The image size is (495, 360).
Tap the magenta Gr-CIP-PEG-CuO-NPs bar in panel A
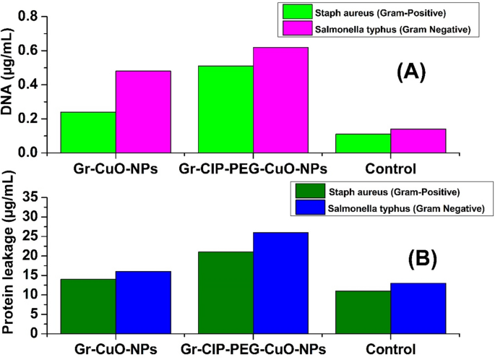(x=280, y=100)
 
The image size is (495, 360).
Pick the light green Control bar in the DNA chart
(x=363, y=143)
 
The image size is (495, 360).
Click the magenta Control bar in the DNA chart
(x=418, y=141)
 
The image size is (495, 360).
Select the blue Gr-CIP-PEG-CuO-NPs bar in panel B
(x=280, y=283)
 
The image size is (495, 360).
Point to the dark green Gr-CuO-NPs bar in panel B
(x=88, y=306)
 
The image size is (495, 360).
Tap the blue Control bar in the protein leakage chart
(x=418, y=308)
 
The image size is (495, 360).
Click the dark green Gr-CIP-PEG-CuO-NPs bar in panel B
(x=225, y=292)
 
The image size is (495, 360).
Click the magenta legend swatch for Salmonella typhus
(x=295, y=29)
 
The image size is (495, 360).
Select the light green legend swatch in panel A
(x=295, y=12)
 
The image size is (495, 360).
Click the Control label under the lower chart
(x=390, y=349)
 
